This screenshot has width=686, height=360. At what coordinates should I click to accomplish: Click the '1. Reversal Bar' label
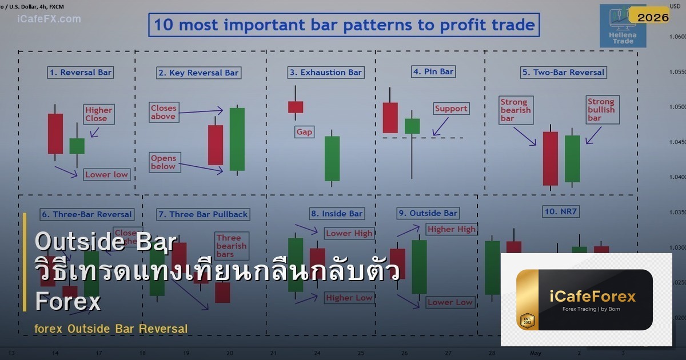(81, 73)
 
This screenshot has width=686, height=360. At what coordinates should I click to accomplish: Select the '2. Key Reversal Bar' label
(198, 73)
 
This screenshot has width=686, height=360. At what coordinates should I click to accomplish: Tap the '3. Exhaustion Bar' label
(325, 73)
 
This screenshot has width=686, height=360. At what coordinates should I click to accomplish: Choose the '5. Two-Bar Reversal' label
(563, 73)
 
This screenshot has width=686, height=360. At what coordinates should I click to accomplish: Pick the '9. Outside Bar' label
(428, 213)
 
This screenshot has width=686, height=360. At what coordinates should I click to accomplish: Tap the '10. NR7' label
(561, 211)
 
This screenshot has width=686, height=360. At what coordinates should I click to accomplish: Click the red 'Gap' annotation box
(304, 132)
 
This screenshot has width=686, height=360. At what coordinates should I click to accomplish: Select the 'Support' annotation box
(451, 109)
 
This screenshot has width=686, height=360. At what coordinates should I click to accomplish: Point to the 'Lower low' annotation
(107, 174)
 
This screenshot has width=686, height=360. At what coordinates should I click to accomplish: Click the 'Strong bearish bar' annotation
(516, 110)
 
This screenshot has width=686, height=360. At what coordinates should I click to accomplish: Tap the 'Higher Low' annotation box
(349, 298)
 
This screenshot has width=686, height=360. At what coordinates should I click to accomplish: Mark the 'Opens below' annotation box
(163, 162)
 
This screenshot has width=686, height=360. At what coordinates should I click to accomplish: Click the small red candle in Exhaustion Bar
(296, 107)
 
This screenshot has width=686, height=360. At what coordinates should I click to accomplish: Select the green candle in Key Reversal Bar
(237, 139)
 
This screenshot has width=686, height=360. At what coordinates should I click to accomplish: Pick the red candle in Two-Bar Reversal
(550, 158)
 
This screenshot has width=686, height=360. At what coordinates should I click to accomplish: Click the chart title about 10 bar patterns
(344, 25)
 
